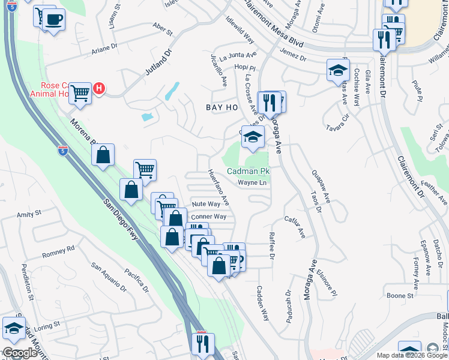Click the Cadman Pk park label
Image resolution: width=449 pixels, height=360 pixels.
(249, 172)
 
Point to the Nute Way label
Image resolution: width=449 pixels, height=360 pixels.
(206, 204)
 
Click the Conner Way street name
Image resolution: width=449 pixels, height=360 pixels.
(208, 217)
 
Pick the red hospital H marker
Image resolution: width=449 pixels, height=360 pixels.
(100, 89)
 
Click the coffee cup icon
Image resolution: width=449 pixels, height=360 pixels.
(53, 19)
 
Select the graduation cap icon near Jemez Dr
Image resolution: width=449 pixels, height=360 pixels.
(338, 70)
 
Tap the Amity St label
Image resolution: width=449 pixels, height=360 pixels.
(29, 213)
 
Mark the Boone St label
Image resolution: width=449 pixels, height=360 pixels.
(397, 295)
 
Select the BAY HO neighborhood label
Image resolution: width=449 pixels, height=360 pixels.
(222, 107)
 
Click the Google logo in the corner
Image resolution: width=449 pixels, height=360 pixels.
(19, 353)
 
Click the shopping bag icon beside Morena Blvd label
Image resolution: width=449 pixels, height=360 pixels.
(104, 154)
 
